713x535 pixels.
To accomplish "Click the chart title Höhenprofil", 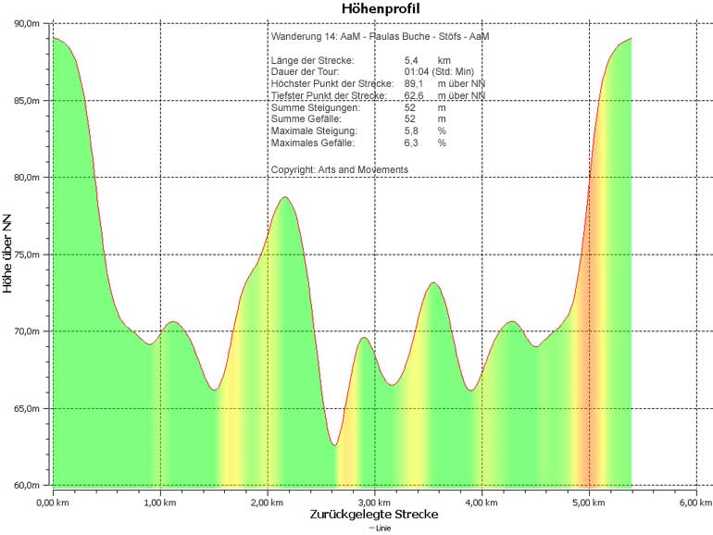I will [x=382, y=9].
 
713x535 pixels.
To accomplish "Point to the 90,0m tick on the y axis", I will [x=26, y=22].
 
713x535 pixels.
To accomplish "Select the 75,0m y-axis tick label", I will [x=26, y=255].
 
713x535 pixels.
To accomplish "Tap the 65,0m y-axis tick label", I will [x=26, y=408].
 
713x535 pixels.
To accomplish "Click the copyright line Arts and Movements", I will [x=339, y=169].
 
